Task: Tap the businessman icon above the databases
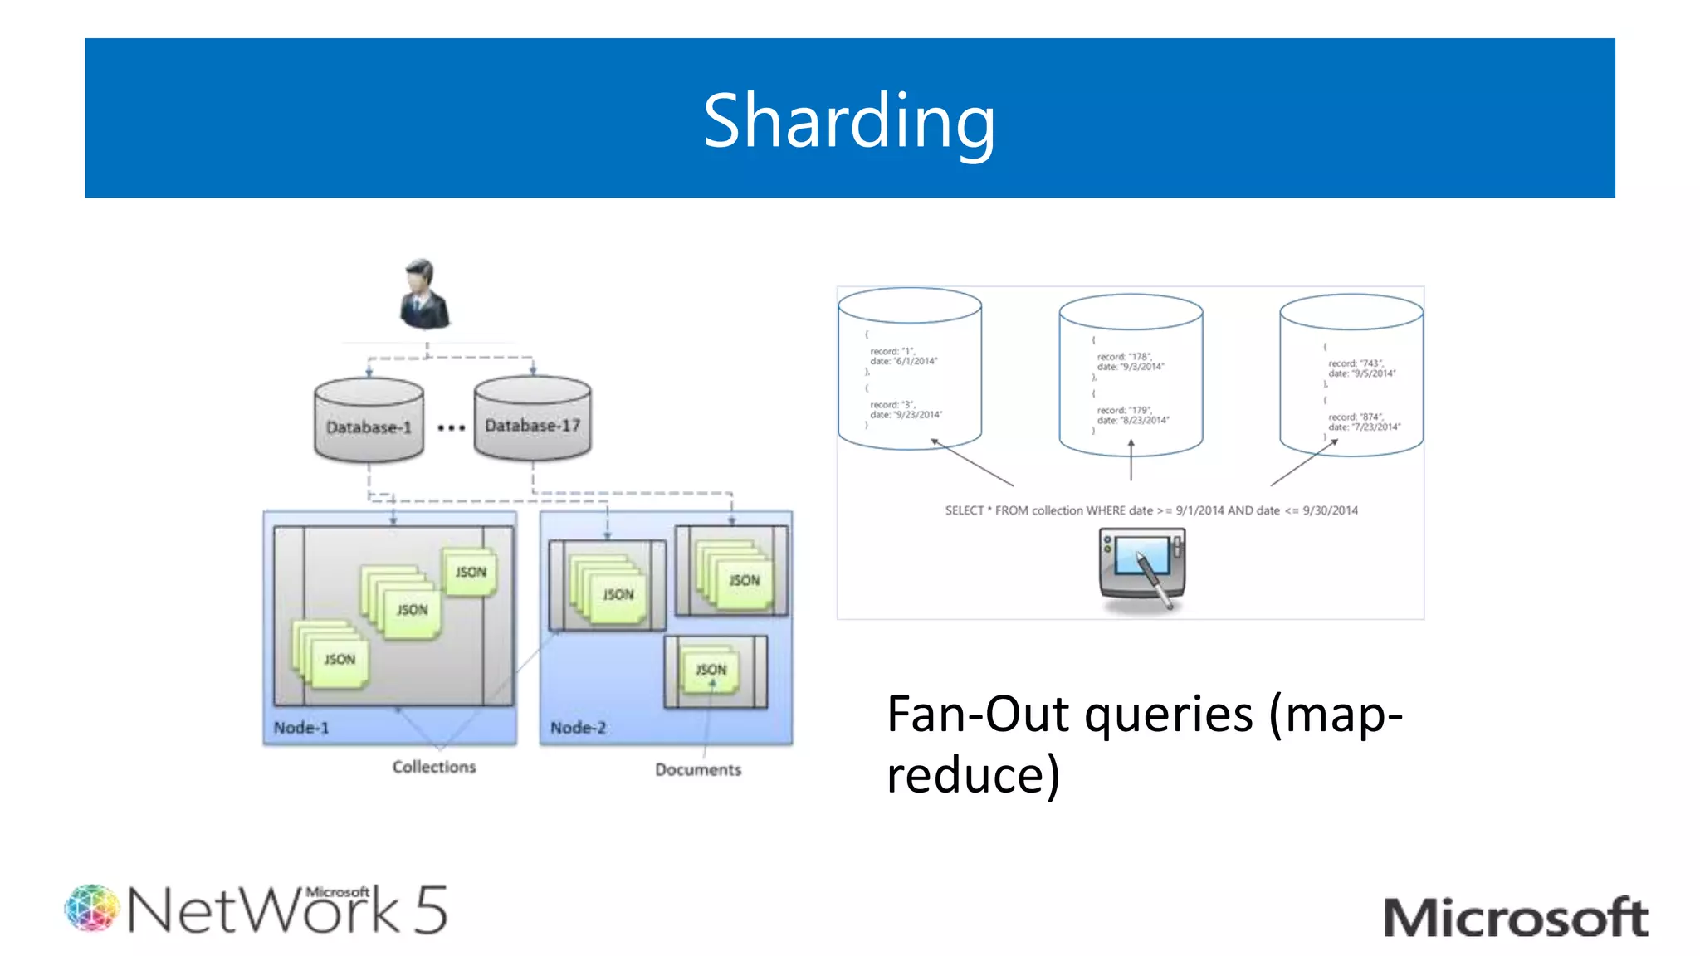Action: tap(424, 295)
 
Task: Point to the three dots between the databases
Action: tap(451, 428)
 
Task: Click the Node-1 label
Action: tap(301, 728)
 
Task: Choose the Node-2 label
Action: tap(578, 728)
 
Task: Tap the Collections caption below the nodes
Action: tap(434, 767)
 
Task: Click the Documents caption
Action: tap(698, 769)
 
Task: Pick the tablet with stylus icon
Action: tap(1142, 567)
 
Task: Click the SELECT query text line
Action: tap(1150, 510)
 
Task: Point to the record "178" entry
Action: tap(1124, 357)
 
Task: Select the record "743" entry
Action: tap(1355, 363)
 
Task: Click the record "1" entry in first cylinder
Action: tap(892, 351)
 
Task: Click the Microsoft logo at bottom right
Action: tap(1515, 918)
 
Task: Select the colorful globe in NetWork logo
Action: tap(92, 908)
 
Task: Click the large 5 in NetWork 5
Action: tap(431, 910)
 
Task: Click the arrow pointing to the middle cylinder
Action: tap(1131, 461)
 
